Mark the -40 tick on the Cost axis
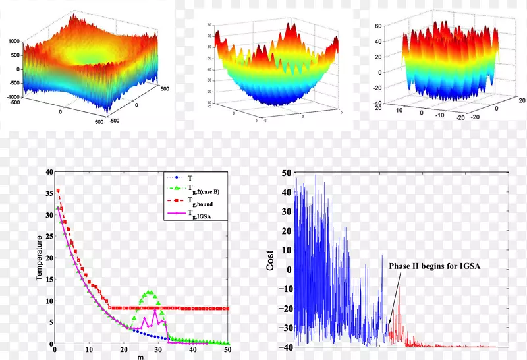click(x=285, y=347)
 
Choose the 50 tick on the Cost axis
click(x=287, y=173)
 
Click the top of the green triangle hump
click(x=150, y=291)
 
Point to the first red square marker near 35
click(x=58, y=191)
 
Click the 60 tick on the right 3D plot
click(x=378, y=26)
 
